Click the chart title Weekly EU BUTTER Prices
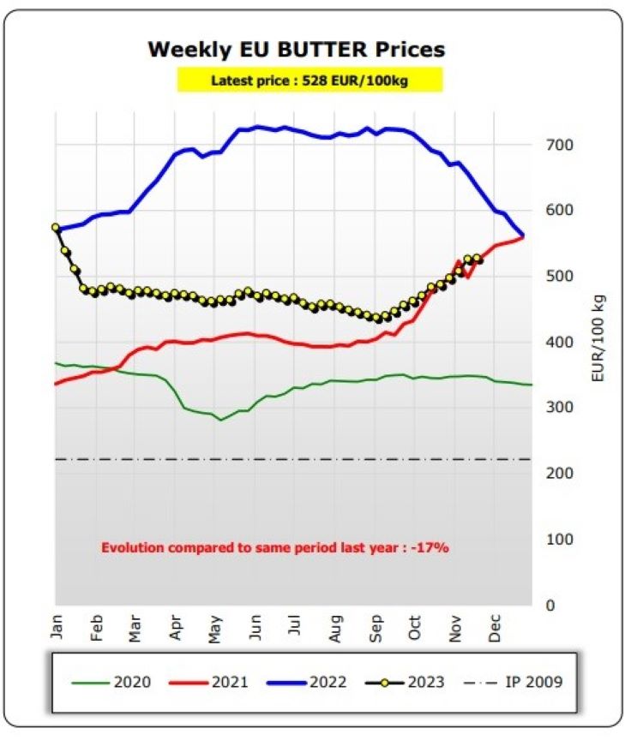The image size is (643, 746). point(297,49)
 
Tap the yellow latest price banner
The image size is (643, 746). point(309,81)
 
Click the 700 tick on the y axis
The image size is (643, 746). point(559,144)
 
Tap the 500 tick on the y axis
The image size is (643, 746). point(559,276)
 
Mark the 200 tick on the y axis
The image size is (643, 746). point(559,473)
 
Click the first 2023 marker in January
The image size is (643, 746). point(56,228)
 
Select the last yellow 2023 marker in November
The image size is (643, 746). point(478,259)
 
